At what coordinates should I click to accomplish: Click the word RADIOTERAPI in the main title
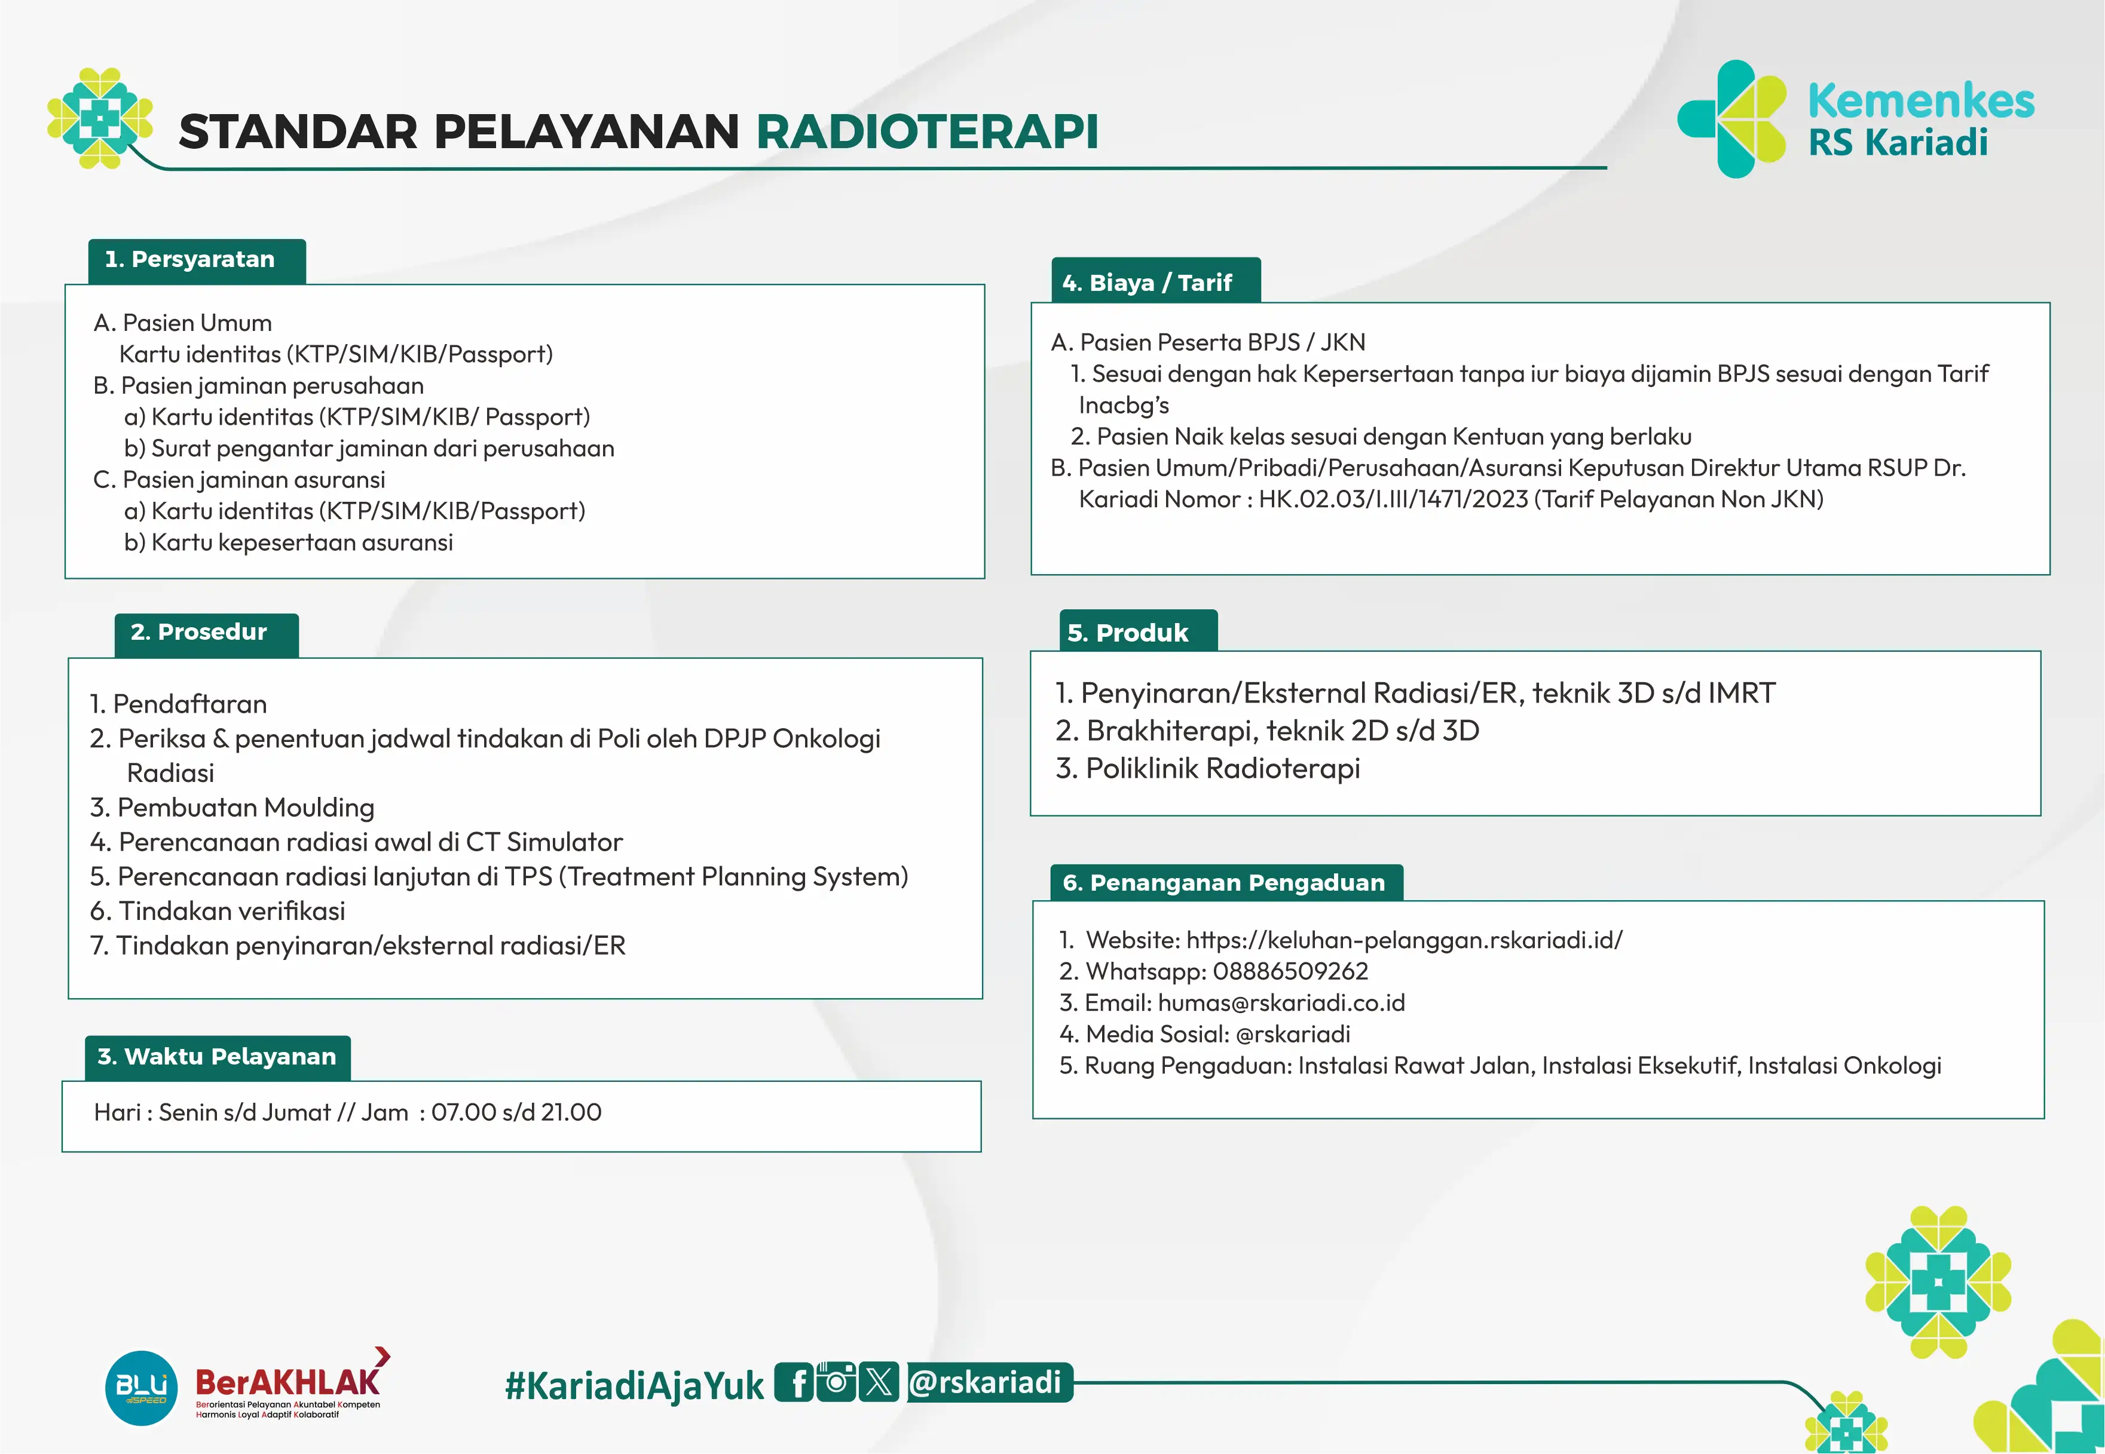pos(927,131)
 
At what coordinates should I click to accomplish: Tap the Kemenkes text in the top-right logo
pos(1921,100)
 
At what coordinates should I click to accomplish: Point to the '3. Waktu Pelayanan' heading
pos(217,1057)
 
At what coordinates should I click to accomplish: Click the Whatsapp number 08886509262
pos(1290,971)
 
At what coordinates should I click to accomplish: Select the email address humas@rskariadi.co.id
pos(1281,1003)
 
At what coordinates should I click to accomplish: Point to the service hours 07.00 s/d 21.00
pos(516,1112)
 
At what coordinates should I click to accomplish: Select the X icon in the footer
pos(879,1382)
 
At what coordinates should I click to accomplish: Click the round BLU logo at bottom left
pos(141,1388)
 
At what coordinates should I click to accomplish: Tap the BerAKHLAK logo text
pos(287,1382)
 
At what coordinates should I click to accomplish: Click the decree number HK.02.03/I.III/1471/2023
pos(1393,499)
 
